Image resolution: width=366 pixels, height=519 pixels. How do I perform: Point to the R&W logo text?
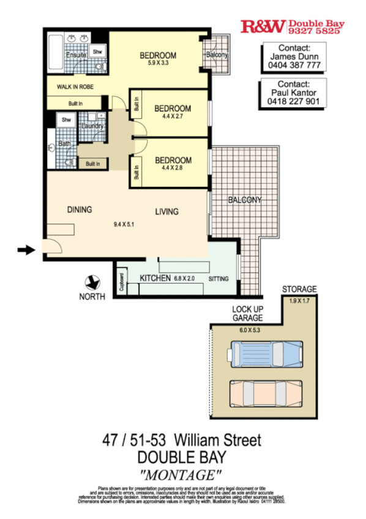(x=263, y=26)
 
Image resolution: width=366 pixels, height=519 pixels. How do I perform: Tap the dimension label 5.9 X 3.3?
(x=158, y=63)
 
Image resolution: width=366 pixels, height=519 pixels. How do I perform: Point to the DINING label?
(x=79, y=210)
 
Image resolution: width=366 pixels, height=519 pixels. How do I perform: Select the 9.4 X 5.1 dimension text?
(x=125, y=225)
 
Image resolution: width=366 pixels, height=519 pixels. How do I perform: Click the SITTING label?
(x=218, y=279)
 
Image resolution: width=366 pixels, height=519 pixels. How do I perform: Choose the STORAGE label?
(x=299, y=289)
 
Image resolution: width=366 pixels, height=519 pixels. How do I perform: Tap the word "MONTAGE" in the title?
(x=181, y=474)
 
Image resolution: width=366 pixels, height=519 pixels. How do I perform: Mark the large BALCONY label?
(x=244, y=200)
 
